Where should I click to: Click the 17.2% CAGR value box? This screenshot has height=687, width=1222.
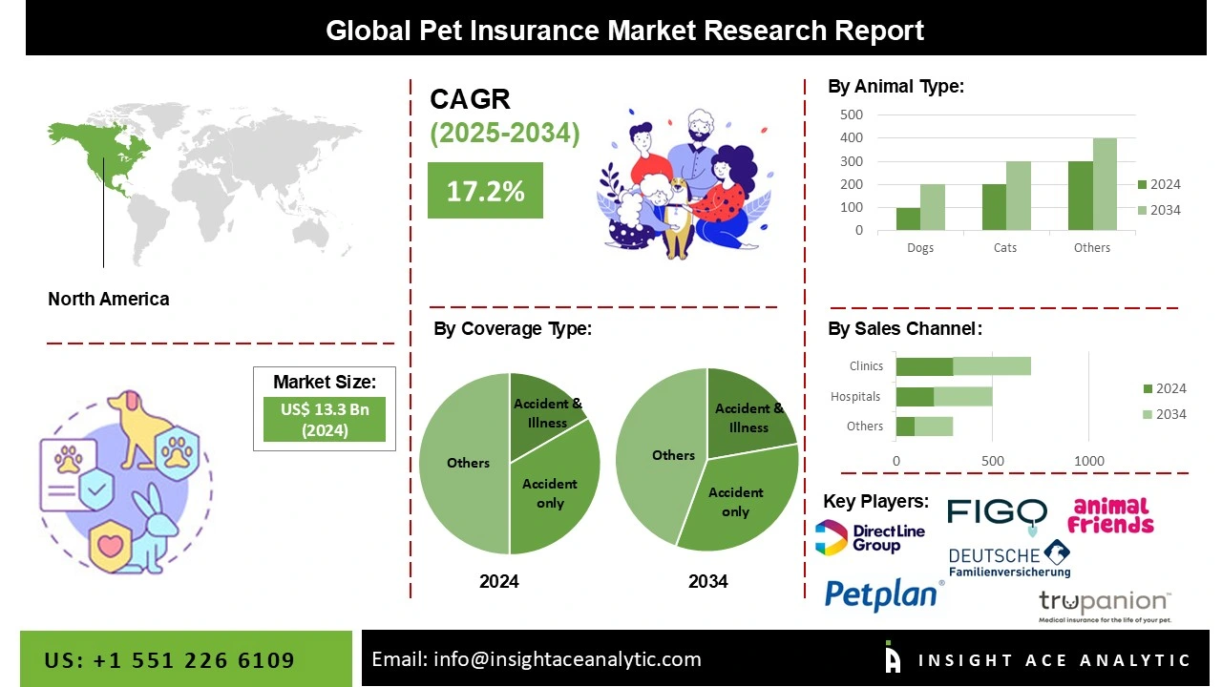(485, 191)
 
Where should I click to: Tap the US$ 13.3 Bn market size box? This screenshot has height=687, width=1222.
(325, 419)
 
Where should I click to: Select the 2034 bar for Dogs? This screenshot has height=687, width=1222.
(933, 207)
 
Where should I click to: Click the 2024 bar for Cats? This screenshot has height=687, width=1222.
(994, 207)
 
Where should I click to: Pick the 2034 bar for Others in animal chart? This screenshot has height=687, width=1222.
(1105, 184)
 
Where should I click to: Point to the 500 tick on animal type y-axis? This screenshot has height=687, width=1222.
(852, 114)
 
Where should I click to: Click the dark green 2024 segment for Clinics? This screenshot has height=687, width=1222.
(924, 366)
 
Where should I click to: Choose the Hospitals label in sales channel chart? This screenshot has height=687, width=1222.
(855, 396)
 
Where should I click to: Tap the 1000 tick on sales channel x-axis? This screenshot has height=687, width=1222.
(1089, 461)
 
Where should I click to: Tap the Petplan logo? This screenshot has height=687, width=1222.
(883, 593)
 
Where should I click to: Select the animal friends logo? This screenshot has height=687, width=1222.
(1110, 516)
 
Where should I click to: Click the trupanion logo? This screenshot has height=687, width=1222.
(1105, 604)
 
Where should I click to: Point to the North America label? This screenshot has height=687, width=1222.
(109, 299)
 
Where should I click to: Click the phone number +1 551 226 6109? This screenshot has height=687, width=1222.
(170, 660)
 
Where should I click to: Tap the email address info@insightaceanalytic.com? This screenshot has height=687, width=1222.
(536, 659)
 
